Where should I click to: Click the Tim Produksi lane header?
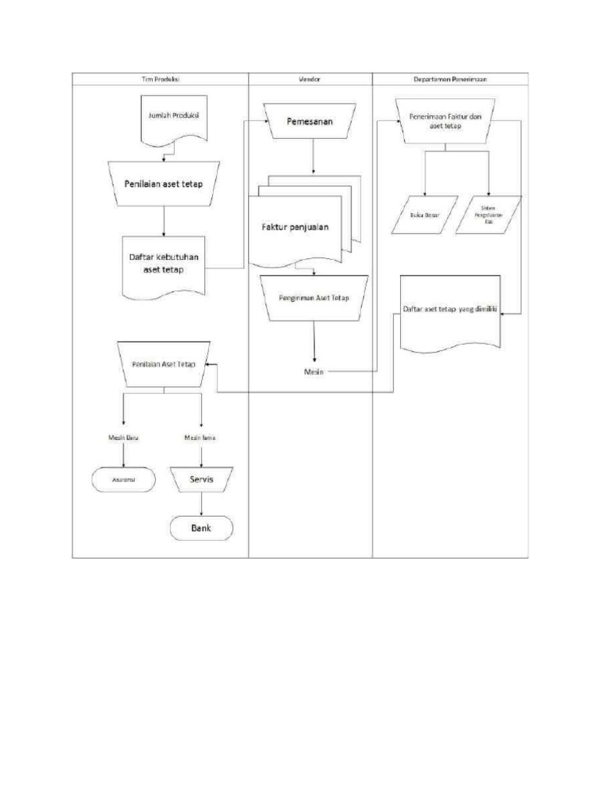[x=161, y=79]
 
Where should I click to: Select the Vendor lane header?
[x=310, y=79]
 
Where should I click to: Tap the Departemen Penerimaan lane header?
[x=450, y=79]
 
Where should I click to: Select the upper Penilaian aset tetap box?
[x=163, y=184]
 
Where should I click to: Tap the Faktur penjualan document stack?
[x=296, y=228]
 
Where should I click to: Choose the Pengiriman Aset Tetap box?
[x=314, y=298]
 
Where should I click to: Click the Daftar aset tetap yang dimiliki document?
[x=450, y=311]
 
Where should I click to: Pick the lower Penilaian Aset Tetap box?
[x=163, y=364]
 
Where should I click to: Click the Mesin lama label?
[x=200, y=438]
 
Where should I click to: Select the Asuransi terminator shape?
[x=123, y=480]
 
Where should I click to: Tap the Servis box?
[x=201, y=480]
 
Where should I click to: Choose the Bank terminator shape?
[x=201, y=528]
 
